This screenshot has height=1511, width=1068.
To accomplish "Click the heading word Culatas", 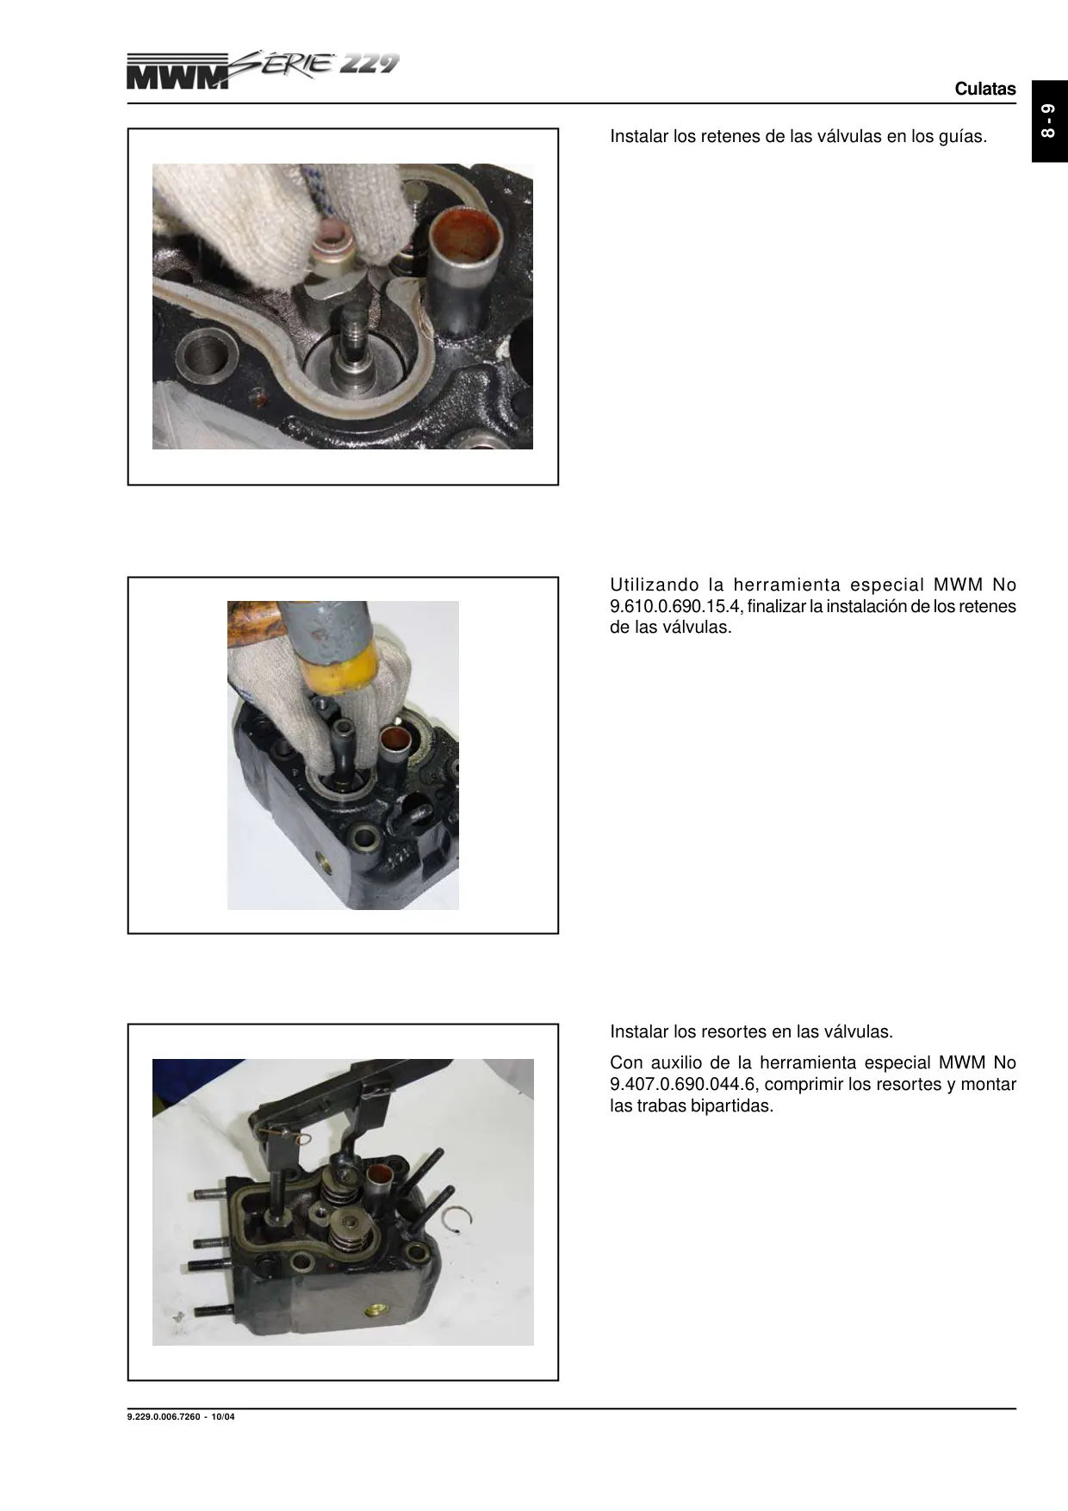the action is (985, 89).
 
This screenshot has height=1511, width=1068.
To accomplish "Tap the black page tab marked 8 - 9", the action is (1050, 121).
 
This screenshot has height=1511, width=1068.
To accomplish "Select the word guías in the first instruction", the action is (962, 137).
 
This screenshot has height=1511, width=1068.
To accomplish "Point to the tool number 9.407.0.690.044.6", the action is (682, 1084).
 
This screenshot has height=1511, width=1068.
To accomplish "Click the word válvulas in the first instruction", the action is (823, 137).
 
